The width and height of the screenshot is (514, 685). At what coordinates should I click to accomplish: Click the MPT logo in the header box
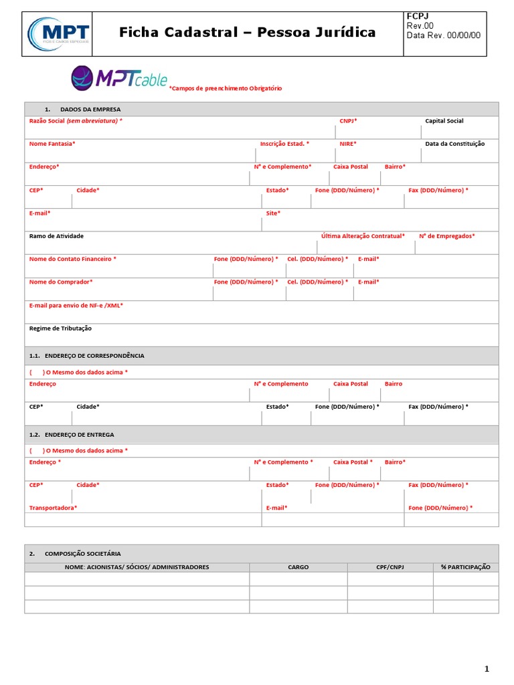[x=58, y=33]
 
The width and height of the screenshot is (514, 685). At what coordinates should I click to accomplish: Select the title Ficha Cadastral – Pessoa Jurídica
[x=247, y=32]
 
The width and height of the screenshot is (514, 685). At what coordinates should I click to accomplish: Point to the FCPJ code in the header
[x=417, y=16]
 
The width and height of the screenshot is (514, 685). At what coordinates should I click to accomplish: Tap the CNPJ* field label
[x=348, y=121]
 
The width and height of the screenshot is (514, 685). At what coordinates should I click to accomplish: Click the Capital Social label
[x=444, y=121]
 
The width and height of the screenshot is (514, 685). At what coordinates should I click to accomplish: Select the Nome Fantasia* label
[x=52, y=144]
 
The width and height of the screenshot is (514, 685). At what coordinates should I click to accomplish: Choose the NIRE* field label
[x=348, y=144]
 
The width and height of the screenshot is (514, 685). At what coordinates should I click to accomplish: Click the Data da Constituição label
[x=455, y=144]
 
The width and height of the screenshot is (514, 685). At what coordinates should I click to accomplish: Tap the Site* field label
[x=273, y=213]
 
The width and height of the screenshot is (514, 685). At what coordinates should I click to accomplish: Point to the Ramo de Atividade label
[x=56, y=236]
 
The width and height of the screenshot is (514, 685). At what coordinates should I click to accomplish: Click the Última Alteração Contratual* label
[x=363, y=236]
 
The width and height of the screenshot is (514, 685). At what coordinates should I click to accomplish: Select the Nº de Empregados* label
[x=447, y=236]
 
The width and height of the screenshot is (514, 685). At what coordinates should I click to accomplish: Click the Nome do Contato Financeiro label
[x=72, y=259]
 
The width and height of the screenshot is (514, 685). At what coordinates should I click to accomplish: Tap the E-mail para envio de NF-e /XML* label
[x=76, y=305]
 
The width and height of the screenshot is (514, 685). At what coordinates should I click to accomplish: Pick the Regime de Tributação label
[x=60, y=328]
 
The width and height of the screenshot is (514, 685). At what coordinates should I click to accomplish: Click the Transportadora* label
[x=53, y=508]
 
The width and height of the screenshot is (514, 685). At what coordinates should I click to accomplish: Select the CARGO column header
[x=298, y=567]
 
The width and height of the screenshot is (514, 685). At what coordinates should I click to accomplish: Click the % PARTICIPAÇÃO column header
[x=465, y=567]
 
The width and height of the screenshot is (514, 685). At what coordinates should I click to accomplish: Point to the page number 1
[x=487, y=669]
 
